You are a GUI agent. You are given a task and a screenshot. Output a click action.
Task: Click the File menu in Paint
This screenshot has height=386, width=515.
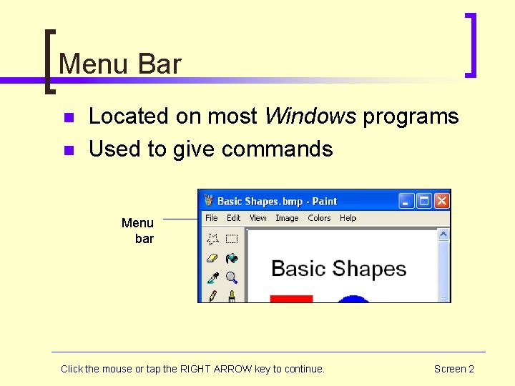coord(211,218)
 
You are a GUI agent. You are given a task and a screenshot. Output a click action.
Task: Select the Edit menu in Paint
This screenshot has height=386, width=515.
coord(234,218)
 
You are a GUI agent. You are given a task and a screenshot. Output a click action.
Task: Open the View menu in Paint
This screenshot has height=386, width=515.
coord(257,218)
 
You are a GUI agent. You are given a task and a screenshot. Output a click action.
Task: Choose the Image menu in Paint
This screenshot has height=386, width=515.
coord(287,218)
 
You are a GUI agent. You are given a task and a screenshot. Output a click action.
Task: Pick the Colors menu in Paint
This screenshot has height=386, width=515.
coord(319,218)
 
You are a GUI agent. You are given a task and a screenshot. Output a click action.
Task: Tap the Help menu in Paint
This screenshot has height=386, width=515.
coord(348,218)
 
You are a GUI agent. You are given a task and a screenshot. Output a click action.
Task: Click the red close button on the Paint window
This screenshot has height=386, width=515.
coord(441,201)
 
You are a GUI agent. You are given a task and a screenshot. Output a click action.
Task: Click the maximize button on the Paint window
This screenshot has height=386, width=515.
coord(424,201)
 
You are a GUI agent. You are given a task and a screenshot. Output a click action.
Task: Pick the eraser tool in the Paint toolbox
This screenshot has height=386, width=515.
coord(212,258)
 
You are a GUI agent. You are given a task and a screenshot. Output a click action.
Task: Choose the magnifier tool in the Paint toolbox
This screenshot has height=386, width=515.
coord(231,277)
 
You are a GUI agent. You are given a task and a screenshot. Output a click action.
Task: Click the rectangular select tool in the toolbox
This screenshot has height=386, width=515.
coord(231,239)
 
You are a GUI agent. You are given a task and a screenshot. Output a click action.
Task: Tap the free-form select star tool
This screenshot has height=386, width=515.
coord(212,239)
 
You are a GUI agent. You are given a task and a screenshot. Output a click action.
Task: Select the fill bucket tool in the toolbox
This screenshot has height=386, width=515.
coord(231,258)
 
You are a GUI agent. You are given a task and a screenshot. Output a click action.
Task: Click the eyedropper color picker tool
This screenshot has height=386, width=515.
coord(212,277)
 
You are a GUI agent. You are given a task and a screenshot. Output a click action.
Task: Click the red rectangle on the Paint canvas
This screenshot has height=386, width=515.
coord(291,299)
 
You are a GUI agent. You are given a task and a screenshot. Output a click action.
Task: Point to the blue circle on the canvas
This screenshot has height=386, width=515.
coord(353,299)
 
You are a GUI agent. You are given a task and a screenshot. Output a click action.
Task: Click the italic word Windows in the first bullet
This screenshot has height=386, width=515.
coord(310,117)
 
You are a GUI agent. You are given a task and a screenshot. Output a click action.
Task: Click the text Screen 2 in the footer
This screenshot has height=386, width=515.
coord(453,369)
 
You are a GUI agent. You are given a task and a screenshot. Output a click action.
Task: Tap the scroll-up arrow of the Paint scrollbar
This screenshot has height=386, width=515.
coord(443,234)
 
